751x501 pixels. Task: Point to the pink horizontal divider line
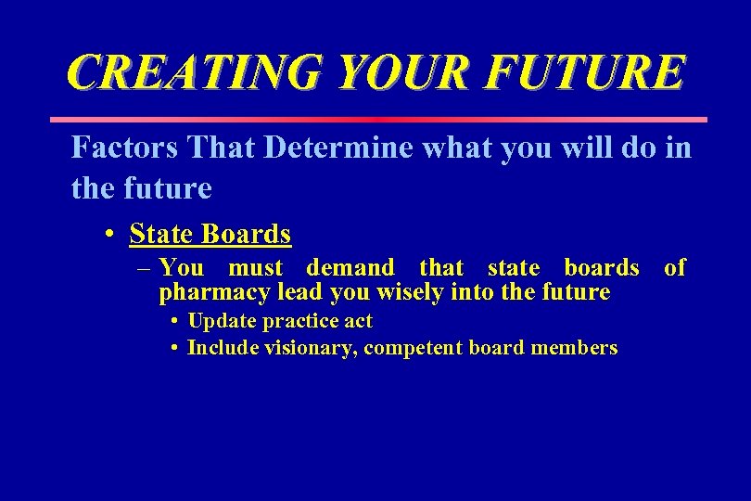(x=376, y=120)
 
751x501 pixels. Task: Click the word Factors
(x=125, y=148)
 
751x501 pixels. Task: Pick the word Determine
(x=338, y=148)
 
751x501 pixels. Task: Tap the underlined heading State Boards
(x=210, y=234)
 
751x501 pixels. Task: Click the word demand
(x=350, y=268)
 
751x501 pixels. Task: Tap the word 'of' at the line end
(x=675, y=268)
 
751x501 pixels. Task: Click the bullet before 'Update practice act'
(x=174, y=322)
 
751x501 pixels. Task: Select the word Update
(x=222, y=322)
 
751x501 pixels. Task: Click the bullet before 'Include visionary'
(x=174, y=349)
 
